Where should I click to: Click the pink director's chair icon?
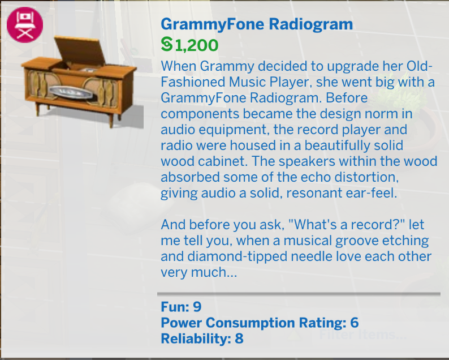pos(25,25)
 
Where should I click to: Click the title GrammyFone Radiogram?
pos(257,24)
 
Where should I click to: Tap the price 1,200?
pos(196,45)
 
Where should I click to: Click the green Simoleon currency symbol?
pos(167,44)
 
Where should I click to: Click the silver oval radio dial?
pos(72,93)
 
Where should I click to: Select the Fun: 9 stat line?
pos(181,307)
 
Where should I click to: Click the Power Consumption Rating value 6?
pos(354,323)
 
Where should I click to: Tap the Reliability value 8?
pos(239,338)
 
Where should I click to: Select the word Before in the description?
pos(347,98)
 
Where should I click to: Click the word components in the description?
pos(200,114)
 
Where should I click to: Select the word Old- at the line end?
pos(419,66)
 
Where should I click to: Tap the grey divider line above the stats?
pos(299,294)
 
